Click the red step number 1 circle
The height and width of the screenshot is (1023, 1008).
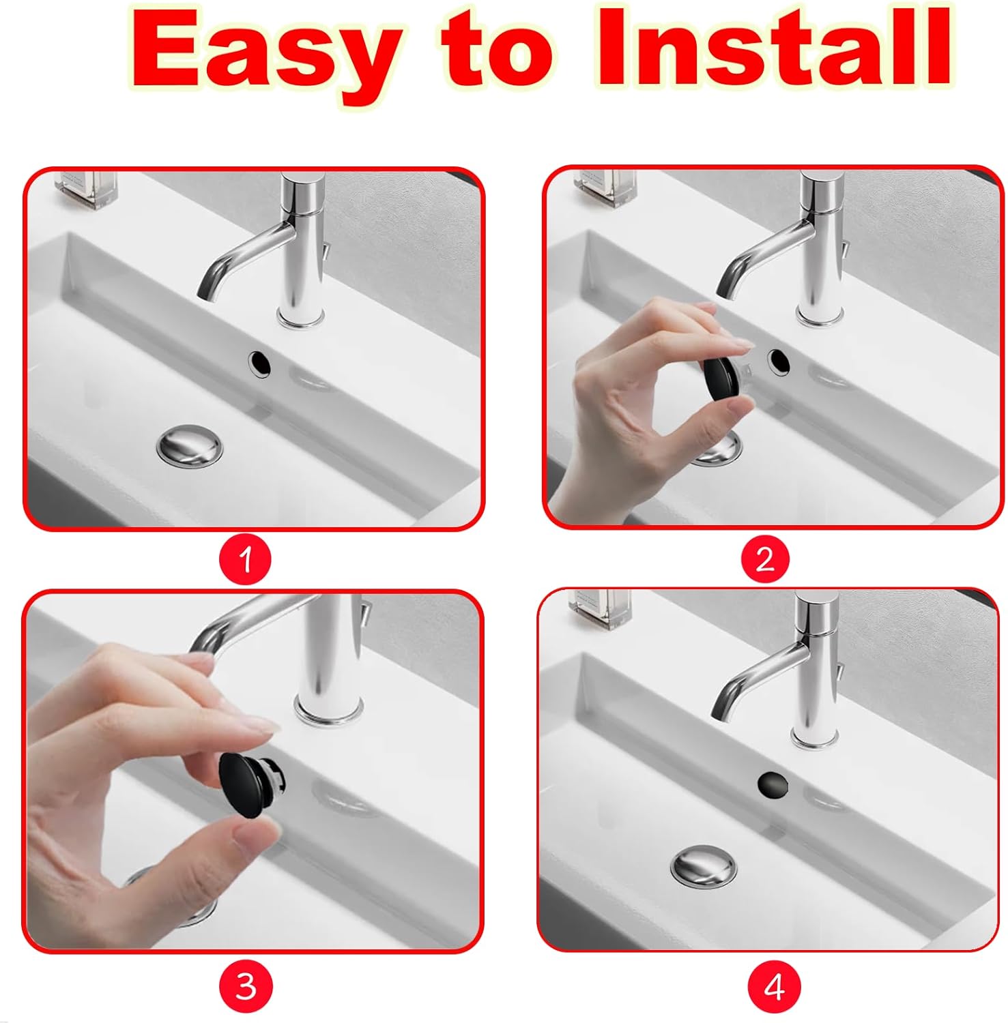click(x=245, y=561)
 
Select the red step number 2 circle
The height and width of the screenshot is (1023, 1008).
click(x=765, y=560)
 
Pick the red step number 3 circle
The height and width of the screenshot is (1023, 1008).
click(x=245, y=986)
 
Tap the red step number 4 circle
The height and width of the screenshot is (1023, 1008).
click(x=773, y=987)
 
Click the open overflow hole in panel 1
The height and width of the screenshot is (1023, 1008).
click(x=260, y=364)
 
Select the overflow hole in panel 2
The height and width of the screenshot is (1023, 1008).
click(x=778, y=361)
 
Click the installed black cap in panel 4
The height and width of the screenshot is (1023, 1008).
click(x=773, y=784)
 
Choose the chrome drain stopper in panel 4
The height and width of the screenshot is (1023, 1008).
click(x=704, y=867)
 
